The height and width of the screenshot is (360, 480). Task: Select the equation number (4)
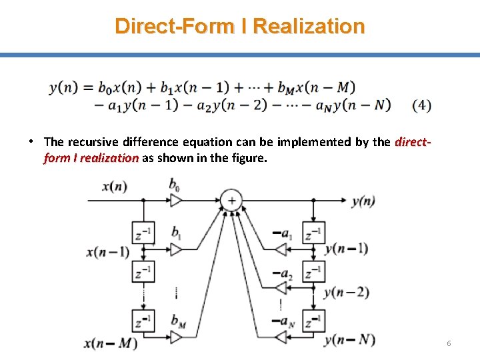click(421, 105)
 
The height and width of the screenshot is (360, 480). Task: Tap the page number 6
click(449, 343)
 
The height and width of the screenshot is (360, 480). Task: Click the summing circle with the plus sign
click(231, 200)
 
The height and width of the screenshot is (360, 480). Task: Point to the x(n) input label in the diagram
click(114, 186)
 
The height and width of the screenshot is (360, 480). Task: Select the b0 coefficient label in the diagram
click(174, 183)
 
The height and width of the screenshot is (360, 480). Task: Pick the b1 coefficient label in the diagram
click(176, 233)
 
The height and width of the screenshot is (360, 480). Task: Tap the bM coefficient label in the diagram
click(177, 321)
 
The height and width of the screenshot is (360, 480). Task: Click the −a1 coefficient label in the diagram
click(283, 233)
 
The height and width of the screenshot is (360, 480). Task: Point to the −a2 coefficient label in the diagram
click(283, 273)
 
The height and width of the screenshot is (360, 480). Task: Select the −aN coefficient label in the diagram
click(283, 322)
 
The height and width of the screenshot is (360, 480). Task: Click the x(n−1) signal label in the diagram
click(108, 252)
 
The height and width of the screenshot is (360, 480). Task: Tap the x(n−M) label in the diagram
click(111, 344)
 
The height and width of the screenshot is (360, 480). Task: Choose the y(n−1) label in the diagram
click(346, 249)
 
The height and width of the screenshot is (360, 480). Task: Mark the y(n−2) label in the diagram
click(347, 291)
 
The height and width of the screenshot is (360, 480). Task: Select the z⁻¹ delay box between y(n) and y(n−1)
click(313, 233)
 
